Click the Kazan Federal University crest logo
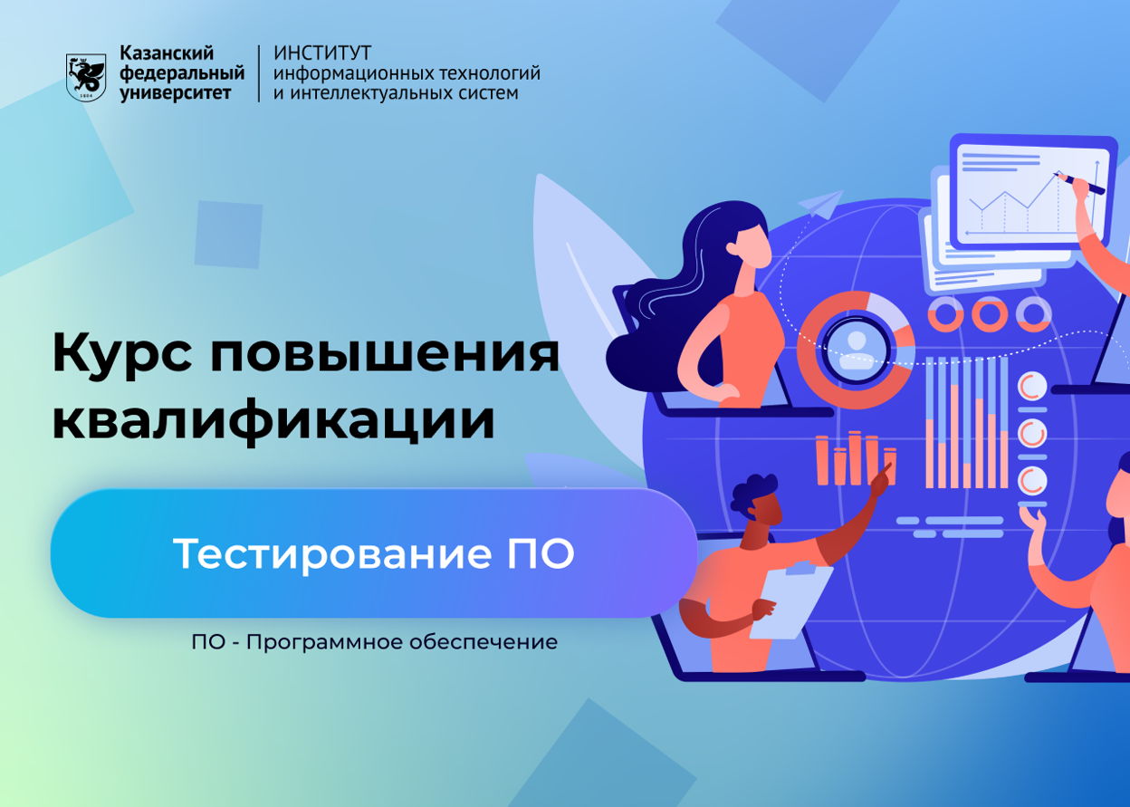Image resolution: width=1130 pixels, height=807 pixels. (x=86, y=77)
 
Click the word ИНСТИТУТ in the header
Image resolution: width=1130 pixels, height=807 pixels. (x=322, y=53)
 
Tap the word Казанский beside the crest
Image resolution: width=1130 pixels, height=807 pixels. (x=167, y=53)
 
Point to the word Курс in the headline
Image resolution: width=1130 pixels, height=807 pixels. (x=122, y=352)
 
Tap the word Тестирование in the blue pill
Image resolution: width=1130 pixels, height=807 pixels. (x=332, y=553)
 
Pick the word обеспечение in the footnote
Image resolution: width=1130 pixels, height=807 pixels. (x=484, y=642)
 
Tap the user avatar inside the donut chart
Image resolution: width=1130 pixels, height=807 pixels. (x=855, y=350)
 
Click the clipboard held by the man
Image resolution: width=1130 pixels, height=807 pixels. (x=793, y=600)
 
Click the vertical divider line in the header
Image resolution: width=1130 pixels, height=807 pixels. (x=259, y=73)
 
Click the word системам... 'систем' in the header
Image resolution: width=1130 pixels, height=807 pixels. (x=488, y=93)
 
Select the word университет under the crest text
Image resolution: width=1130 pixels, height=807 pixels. (x=175, y=93)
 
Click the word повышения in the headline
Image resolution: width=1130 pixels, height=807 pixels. (x=385, y=353)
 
